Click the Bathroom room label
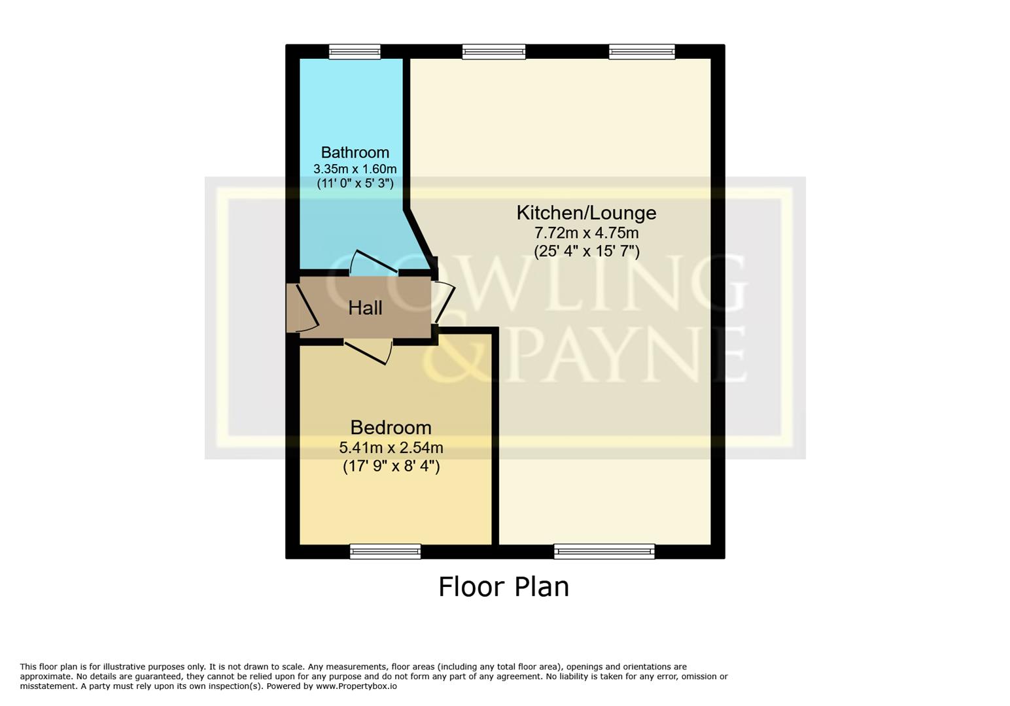click(355, 152)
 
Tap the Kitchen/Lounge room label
click(586, 212)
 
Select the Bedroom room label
click(391, 428)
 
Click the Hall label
click(365, 308)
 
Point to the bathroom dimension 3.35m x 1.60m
click(355, 169)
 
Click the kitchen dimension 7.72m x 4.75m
click(586, 233)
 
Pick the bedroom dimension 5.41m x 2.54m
click(391, 448)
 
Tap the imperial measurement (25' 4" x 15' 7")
click(586, 251)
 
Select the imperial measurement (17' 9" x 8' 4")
click(391, 466)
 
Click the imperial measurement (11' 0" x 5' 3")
click(355, 184)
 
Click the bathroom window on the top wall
click(355, 52)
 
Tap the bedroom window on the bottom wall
click(385, 552)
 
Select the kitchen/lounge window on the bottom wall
click(604, 552)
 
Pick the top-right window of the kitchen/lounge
click(642, 52)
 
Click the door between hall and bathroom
click(374, 263)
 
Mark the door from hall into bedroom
click(370, 350)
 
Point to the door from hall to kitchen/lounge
click(444, 301)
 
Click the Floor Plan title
click(503, 586)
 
